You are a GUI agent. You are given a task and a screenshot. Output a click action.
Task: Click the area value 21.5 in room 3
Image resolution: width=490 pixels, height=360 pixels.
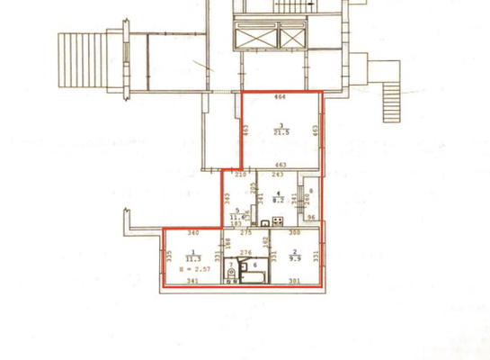[281, 132]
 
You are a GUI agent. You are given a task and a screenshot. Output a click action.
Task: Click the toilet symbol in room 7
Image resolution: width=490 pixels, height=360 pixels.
[233, 267]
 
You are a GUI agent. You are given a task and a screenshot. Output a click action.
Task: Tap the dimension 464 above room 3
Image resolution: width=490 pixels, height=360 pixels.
[280, 96]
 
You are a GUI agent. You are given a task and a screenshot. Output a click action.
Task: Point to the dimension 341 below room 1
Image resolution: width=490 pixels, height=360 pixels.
[192, 282]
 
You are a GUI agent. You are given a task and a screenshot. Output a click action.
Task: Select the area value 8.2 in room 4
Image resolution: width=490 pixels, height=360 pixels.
[279, 200]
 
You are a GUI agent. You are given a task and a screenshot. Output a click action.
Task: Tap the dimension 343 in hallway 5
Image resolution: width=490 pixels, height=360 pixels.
[227, 197]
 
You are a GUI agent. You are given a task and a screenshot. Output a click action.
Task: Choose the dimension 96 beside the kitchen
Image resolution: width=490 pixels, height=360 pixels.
[312, 217]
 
